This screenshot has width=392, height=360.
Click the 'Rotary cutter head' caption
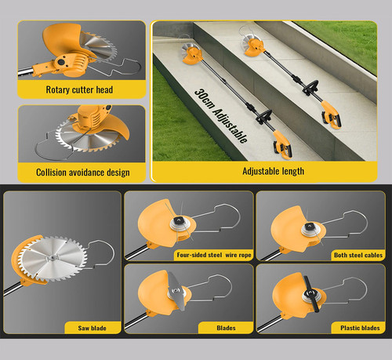(79, 89)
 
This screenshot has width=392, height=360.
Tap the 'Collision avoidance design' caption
(83, 173)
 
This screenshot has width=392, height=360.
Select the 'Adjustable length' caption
(273, 171)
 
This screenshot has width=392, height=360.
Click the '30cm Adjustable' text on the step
(221, 116)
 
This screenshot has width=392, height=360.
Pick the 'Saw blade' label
(92, 328)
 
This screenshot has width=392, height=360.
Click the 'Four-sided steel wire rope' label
(214, 255)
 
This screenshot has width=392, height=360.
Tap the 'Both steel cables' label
(358, 255)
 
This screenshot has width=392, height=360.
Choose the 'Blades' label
(226, 328)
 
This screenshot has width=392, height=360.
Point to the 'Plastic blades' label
(360, 328)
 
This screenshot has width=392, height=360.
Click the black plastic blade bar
(311, 294)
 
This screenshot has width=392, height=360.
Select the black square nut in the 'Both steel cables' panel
(310, 226)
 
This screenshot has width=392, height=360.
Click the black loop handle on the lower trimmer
(264, 117)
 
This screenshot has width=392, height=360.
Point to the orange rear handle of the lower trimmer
(281, 144)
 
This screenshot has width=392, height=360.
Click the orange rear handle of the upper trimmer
(331, 115)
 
